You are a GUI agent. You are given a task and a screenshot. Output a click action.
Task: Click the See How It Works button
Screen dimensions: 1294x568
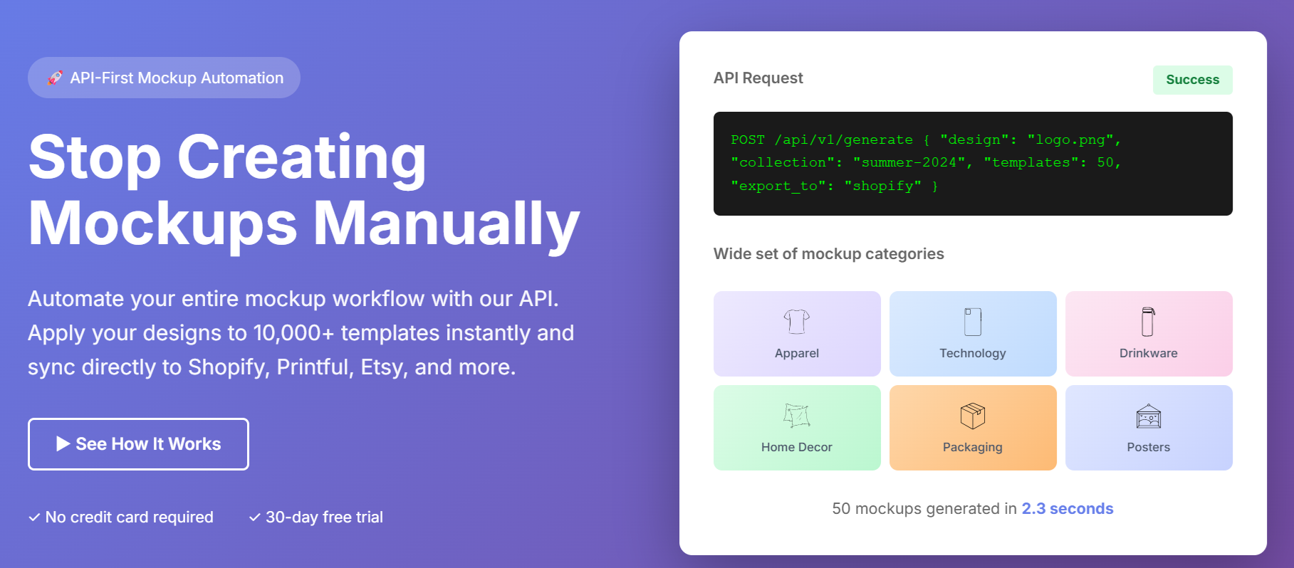(138, 444)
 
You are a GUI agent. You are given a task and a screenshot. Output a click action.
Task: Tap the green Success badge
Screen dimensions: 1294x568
(1192, 80)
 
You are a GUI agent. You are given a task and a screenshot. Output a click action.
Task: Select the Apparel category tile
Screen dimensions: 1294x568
(797, 334)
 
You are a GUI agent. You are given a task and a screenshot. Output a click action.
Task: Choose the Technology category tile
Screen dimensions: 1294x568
(973, 334)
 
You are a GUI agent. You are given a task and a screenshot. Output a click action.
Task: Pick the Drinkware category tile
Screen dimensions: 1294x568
(1149, 334)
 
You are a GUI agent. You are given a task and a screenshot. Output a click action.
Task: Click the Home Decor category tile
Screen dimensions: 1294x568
(797, 428)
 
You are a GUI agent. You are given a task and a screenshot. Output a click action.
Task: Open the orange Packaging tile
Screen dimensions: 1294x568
(973, 428)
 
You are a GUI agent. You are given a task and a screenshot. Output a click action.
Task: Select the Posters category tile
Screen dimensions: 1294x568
(1149, 428)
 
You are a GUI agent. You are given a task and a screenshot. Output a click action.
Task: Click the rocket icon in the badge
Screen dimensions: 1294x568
(55, 78)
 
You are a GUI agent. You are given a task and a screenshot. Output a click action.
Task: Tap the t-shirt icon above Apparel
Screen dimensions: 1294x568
(797, 322)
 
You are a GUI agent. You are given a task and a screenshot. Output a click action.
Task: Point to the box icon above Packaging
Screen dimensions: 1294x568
(973, 416)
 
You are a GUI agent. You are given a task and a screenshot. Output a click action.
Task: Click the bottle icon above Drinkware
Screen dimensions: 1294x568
(1148, 322)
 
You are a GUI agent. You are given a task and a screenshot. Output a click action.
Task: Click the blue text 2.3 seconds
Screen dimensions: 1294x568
(1068, 509)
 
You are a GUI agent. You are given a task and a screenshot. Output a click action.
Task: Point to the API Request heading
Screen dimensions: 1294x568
(758, 78)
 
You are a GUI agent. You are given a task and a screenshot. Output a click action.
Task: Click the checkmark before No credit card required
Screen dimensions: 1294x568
(34, 517)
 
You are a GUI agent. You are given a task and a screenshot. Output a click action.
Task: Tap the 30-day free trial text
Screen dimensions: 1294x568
(324, 517)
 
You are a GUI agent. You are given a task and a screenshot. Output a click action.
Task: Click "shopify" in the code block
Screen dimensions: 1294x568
(883, 186)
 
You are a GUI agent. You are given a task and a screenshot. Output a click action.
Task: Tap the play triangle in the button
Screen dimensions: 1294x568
(63, 444)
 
